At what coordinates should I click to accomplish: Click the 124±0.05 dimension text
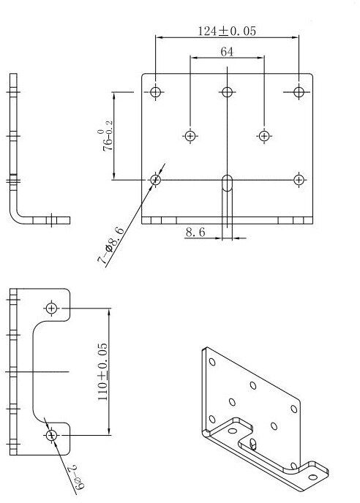pos(226,31)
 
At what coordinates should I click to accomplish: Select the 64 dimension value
pos(227,52)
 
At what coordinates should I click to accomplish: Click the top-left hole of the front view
pos(155,92)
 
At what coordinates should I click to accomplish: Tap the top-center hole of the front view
pos(227,92)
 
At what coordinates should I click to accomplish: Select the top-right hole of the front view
pos(299,92)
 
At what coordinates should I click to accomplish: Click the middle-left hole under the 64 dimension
pos(190,135)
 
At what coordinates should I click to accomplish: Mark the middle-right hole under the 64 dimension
pos(264,135)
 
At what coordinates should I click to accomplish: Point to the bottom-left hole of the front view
pos(155,180)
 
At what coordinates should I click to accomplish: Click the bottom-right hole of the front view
pos(299,180)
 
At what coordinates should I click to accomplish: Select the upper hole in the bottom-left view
pos(51,307)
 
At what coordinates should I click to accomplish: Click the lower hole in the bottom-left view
pos(51,436)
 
